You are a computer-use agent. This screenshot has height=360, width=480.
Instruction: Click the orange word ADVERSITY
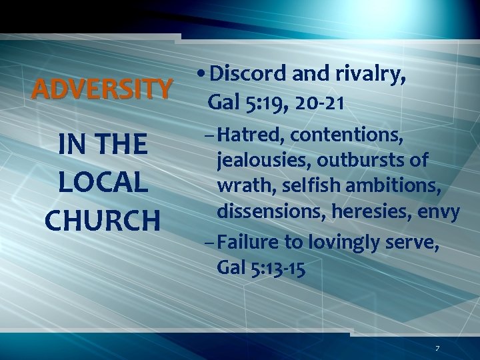click(102, 88)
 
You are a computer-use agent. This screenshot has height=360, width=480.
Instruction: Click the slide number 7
click(437, 348)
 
